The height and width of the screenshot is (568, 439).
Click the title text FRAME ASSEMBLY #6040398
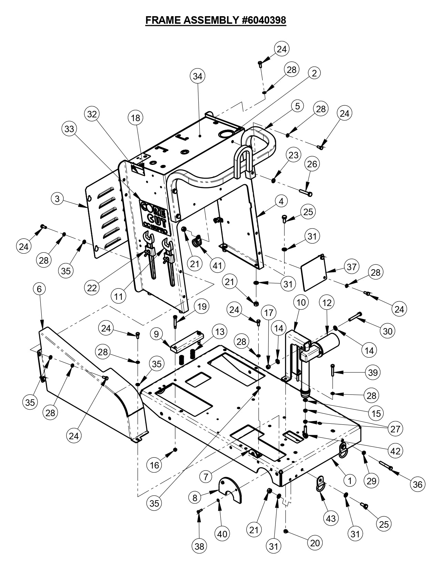tap(216, 20)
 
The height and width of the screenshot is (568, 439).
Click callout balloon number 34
tap(198, 76)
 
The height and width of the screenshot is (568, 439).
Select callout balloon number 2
tap(314, 73)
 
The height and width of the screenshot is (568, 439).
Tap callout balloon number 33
tap(69, 129)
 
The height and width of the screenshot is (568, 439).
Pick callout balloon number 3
tap(58, 199)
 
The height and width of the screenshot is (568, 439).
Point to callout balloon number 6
tap(39, 289)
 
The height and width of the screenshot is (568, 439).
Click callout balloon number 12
tap(327, 303)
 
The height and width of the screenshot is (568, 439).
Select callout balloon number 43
tap(331, 518)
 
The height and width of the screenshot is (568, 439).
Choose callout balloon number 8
tap(195, 497)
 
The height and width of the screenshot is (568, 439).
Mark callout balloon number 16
tap(155, 465)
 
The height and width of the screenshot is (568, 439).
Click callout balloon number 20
tap(315, 543)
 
